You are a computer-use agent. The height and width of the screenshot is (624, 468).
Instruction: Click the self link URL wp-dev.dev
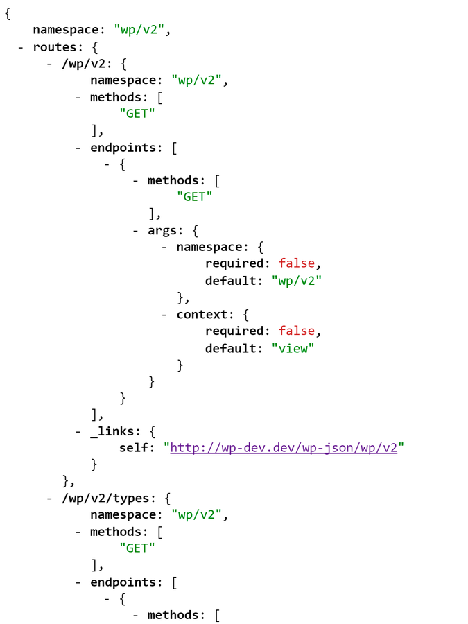(x=284, y=448)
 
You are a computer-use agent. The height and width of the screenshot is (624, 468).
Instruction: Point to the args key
(x=164, y=230)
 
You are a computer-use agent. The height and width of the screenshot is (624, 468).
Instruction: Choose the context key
(x=202, y=314)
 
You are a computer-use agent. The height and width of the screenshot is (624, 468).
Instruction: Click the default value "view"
(x=293, y=348)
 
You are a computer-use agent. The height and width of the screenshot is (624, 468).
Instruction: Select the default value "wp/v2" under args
(x=297, y=281)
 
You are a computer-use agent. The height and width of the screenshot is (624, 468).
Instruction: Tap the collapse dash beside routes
(x=21, y=47)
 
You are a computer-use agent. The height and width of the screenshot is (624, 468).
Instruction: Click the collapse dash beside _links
(x=79, y=431)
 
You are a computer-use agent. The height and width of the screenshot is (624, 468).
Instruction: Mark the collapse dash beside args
(x=137, y=230)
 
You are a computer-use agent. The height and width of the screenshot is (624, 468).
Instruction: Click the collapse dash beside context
(x=165, y=314)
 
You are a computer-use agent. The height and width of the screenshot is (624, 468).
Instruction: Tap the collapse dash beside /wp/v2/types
(x=50, y=498)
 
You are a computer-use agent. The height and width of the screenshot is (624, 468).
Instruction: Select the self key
(x=134, y=448)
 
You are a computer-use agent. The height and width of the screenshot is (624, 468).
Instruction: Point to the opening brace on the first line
(x=8, y=14)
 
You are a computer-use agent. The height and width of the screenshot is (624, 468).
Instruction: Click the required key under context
(x=234, y=331)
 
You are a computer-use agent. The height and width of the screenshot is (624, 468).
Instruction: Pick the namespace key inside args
(x=209, y=248)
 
